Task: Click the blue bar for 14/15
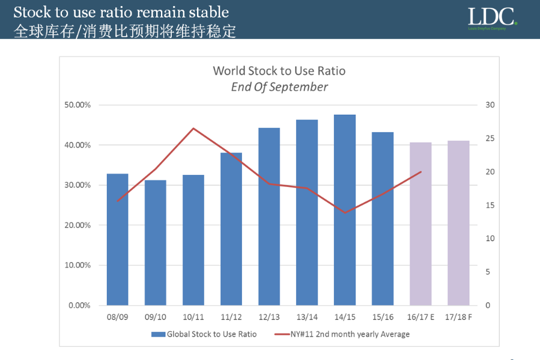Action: tap(345, 210)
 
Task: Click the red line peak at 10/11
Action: tap(193, 128)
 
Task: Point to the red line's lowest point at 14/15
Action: tap(345, 212)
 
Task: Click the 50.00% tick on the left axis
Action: tap(78, 105)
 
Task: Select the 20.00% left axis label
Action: tap(78, 225)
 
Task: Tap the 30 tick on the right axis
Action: tap(490, 105)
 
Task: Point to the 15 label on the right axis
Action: tap(490, 206)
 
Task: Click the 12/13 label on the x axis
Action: tap(269, 317)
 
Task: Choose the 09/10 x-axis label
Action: tap(156, 317)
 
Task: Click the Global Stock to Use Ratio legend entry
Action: tap(204, 334)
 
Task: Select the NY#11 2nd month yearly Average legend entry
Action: tap(342, 334)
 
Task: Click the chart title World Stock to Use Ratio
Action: tap(279, 71)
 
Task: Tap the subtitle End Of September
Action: tap(279, 87)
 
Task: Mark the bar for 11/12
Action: tap(231, 229)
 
